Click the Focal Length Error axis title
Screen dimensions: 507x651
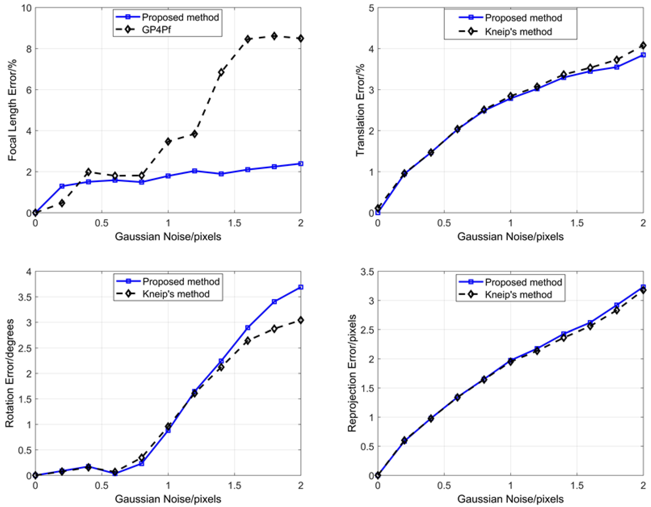click(x=12, y=110)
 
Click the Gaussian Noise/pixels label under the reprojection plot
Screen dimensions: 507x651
click(x=510, y=499)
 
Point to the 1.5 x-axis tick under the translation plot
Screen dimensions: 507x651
click(x=577, y=223)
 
